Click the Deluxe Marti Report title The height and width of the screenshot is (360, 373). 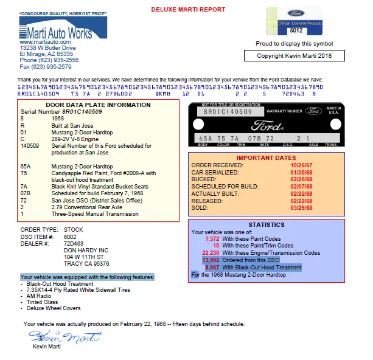point(187,10)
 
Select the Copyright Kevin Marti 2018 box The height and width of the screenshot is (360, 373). point(295,56)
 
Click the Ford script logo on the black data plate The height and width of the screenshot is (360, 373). point(268,126)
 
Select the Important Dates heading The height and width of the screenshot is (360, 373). point(267,157)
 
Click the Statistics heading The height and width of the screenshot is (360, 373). point(267,224)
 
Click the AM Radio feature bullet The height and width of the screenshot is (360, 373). point(40,297)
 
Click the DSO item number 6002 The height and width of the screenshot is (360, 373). point(71,236)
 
